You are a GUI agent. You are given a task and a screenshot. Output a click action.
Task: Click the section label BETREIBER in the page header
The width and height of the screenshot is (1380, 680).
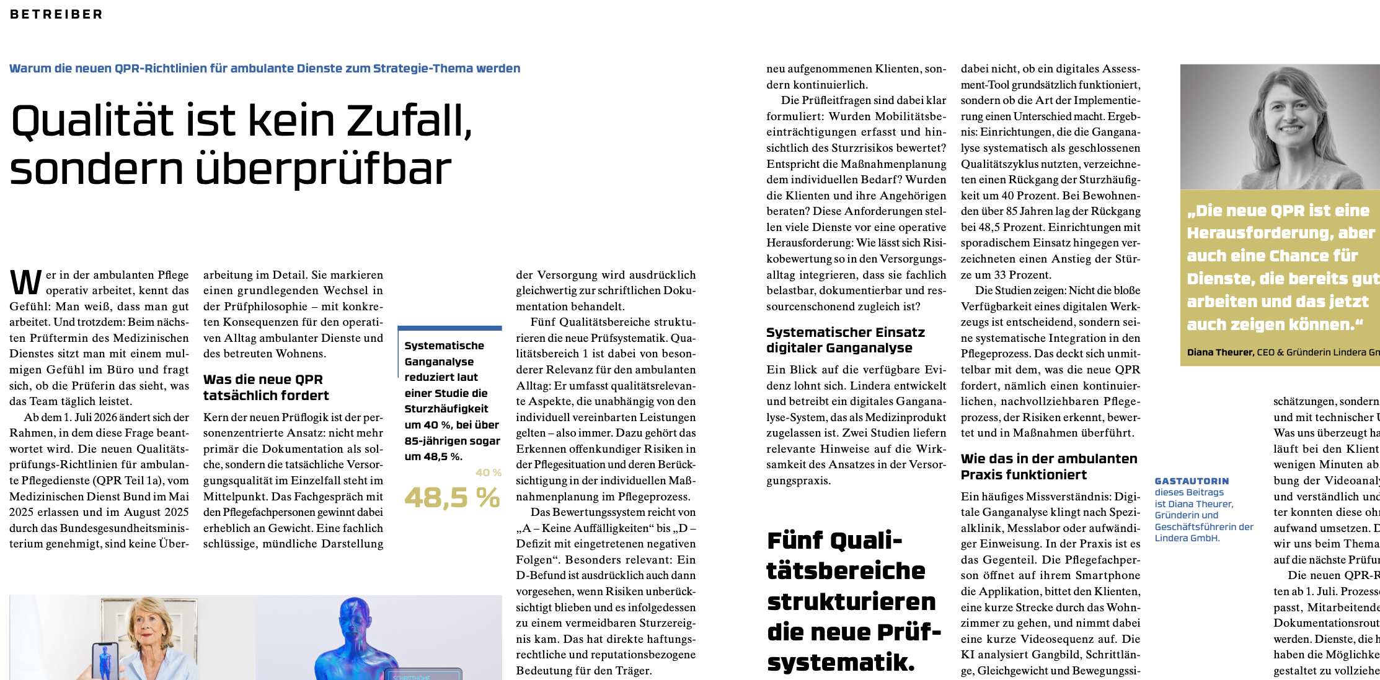click(56, 14)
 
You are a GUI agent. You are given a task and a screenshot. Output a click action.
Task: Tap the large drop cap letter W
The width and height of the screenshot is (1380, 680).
click(26, 282)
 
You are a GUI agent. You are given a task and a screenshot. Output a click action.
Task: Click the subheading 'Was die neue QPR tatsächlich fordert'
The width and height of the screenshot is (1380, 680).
click(265, 388)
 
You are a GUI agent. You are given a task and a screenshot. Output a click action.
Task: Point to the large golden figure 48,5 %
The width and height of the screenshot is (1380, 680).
click(452, 498)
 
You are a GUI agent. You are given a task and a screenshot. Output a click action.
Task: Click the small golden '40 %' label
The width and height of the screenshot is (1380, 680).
click(488, 473)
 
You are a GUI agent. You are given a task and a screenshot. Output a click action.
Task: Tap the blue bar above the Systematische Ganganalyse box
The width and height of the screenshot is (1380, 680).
click(449, 328)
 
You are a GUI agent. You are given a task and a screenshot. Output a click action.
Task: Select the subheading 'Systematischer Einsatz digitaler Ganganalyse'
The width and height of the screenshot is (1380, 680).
click(845, 340)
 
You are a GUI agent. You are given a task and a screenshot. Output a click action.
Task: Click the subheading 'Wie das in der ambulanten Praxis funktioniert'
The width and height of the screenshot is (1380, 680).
click(1048, 466)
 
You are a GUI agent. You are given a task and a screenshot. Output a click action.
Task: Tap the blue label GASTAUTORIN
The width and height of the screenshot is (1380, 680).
click(1191, 481)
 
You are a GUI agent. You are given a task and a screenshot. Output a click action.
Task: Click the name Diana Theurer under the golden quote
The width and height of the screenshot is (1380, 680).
click(1219, 352)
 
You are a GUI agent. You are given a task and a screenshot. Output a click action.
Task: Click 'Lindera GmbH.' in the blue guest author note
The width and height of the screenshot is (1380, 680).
click(1187, 538)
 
